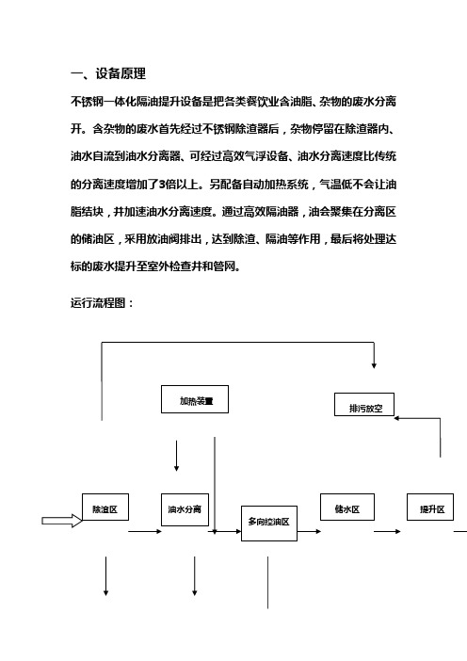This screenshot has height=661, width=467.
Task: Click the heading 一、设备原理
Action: click(108, 73)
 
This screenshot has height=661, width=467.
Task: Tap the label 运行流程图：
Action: click(102, 303)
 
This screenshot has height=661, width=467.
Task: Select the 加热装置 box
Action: click(195, 399)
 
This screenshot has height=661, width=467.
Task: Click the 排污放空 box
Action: click(364, 405)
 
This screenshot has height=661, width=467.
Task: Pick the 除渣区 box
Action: click(105, 508)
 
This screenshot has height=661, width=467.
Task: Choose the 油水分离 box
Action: click(185, 509)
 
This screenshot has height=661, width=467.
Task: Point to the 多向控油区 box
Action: click(269, 524)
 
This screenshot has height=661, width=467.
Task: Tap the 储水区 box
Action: click(347, 508)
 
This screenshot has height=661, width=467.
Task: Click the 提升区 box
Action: click(430, 508)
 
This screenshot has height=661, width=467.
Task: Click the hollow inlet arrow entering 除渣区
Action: click(62, 521)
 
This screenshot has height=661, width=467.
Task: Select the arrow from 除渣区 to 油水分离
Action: click(145, 531)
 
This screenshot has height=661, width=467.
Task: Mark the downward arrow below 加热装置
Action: click(176, 456)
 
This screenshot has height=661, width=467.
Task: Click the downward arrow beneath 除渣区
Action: click(105, 576)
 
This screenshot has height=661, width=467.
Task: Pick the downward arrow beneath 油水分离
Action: click(194, 576)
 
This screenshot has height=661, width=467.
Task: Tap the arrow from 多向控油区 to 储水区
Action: click(309, 531)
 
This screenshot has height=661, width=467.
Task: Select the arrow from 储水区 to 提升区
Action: click(387, 531)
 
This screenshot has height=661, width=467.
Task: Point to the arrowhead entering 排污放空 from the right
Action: click(396, 418)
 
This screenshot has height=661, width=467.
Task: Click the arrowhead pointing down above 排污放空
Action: click(374, 366)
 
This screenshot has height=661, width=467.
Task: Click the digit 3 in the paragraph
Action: click(162, 185)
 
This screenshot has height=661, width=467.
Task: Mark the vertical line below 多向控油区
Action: click(267, 583)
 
